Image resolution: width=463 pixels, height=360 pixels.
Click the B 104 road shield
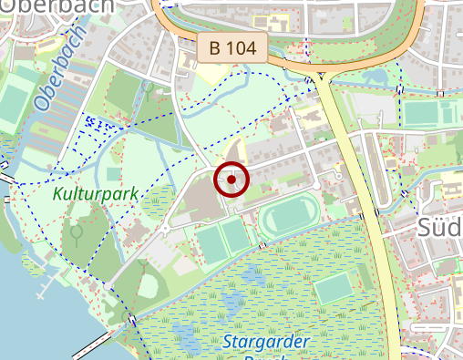pos(231,47)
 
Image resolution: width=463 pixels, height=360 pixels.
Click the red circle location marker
pos(232,180)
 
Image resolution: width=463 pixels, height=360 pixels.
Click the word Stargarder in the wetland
pos(265,342)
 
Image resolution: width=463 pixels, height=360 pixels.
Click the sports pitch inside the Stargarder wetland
pos(334,287)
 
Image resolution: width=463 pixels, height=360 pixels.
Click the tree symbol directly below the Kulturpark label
pos(77,233)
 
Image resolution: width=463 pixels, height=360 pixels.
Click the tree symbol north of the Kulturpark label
pos(148,88)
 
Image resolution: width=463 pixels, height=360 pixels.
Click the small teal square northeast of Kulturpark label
pos(113,173)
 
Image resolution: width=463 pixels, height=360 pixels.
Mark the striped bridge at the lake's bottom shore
pos(93,344)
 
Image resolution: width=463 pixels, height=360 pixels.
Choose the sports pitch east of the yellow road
pos(428,114)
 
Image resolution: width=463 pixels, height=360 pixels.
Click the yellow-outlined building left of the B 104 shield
pos(185,57)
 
